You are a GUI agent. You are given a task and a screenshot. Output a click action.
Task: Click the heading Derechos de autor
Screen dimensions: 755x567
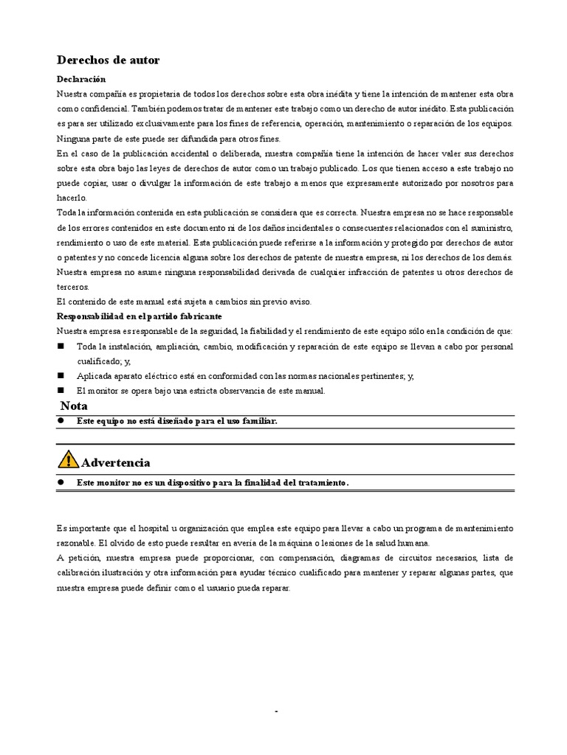point(108,60)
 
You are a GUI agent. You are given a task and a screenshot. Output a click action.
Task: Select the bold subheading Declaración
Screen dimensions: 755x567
point(81,79)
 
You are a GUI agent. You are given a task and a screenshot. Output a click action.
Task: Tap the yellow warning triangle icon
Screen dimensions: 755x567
point(67,460)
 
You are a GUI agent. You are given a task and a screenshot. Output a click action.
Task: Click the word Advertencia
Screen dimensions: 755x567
point(116,463)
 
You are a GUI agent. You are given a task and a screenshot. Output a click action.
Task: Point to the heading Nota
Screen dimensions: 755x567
point(74,406)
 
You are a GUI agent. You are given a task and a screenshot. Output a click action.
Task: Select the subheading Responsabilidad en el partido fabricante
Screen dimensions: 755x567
point(139,316)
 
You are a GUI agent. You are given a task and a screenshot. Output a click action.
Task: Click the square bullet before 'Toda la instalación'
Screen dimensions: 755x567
point(61,346)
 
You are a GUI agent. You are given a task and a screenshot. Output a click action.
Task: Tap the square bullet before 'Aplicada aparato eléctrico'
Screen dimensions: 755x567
point(61,376)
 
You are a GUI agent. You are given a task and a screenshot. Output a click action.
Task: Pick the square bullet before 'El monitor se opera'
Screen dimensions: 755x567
point(61,391)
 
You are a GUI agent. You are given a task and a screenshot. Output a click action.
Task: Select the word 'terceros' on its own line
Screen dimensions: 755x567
point(72,286)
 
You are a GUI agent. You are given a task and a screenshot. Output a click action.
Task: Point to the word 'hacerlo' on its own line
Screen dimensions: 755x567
point(71,198)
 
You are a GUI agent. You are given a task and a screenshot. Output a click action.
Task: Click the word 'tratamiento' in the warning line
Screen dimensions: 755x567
point(320,482)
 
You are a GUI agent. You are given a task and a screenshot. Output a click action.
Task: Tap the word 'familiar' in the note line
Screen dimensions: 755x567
point(258,421)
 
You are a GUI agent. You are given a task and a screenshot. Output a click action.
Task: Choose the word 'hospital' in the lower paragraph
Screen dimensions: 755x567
point(140,529)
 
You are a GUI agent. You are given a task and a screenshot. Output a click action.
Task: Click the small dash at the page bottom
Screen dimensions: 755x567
point(276,711)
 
